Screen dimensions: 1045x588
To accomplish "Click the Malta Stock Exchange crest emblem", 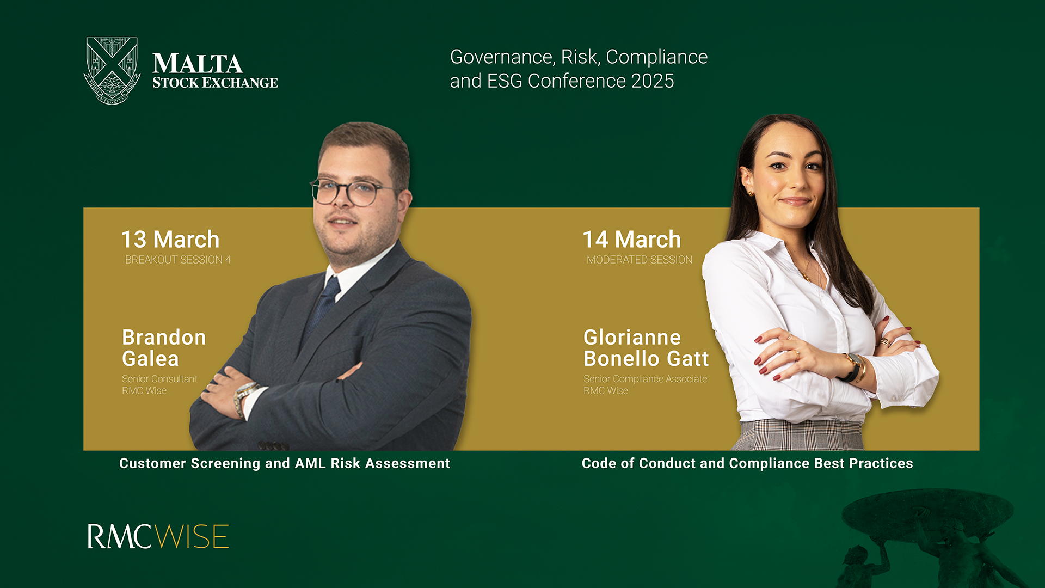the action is tap(112, 70).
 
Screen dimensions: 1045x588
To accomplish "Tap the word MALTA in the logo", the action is tap(198, 64).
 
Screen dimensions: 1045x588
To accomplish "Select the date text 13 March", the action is tap(170, 240).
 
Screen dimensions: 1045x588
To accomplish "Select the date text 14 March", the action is tap(632, 240).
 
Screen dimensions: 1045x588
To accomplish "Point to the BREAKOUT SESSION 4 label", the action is tap(178, 260).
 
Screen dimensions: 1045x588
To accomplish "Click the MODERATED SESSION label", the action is tap(640, 260).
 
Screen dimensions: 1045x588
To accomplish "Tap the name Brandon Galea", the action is tap(164, 348).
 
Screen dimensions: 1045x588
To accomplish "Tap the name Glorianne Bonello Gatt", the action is tap(646, 348).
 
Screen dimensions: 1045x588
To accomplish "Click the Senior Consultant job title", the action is tap(159, 379).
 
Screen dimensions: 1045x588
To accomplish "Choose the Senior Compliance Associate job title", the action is tap(646, 379).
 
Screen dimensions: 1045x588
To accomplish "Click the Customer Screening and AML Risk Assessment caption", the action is tap(285, 463).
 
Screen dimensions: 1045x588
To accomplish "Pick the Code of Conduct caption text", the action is tap(747, 463).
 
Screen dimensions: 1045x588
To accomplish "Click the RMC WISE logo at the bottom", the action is tap(158, 536).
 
